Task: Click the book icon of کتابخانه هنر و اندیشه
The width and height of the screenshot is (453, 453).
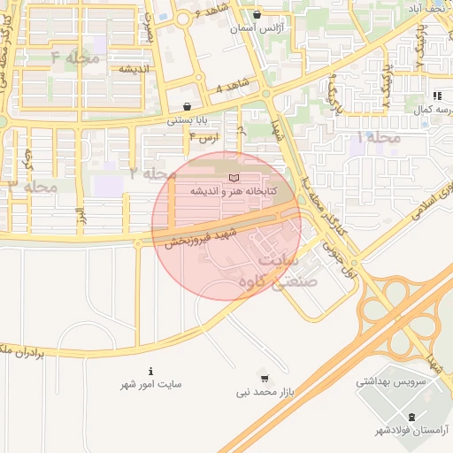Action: [234, 179]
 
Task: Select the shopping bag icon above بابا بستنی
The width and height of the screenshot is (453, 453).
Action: [187, 106]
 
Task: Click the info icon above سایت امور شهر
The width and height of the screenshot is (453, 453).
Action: [150, 372]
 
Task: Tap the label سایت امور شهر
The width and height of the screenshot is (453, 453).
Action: [151, 386]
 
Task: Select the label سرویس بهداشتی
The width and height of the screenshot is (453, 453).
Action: [390, 383]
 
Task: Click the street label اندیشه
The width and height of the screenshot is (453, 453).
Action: [134, 68]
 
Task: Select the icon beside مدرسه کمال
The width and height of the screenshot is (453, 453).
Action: [437, 96]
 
